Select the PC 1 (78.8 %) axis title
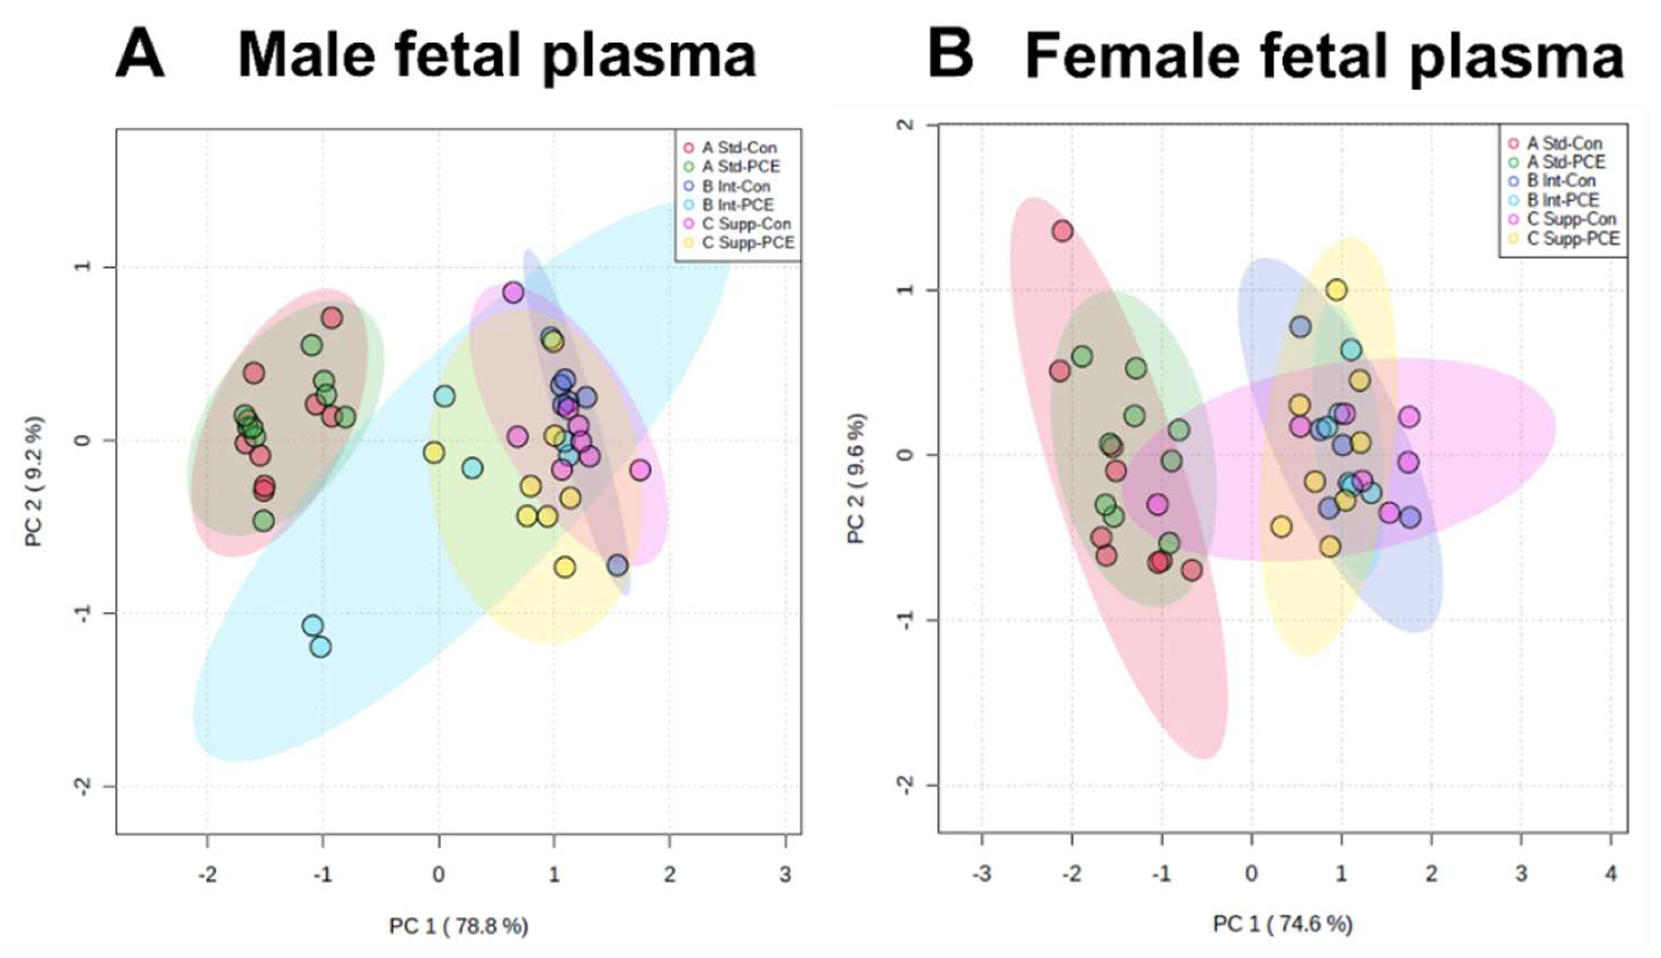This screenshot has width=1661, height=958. tap(459, 927)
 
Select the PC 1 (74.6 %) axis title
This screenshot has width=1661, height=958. tap(1282, 924)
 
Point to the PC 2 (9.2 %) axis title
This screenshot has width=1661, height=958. tap(35, 481)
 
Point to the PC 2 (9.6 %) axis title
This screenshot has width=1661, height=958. tap(856, 478)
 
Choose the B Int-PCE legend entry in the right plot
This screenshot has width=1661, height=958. tap(1562, 200)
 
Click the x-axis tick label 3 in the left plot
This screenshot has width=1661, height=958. tap(785, 875)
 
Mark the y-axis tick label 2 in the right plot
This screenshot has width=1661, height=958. tap(907, 124)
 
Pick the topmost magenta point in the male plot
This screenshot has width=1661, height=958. tap(513, 293)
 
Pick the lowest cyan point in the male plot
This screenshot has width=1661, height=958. tap(320, 647)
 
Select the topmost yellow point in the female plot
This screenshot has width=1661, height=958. tap(1336, 289)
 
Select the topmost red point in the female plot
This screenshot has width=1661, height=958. tap(1062, 231)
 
